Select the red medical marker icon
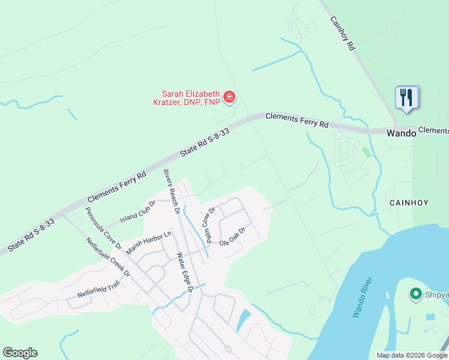pos(229,97)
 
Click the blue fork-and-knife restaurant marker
pos(406,97)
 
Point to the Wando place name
pos(401,133)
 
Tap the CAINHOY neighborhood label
pos(408,203)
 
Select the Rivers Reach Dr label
pos(172,191)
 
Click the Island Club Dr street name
pos(137,211)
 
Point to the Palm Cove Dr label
pos(210,226)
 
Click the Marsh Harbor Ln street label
pos(149,243)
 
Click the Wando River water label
pos(363,298)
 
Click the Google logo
pos(20,353)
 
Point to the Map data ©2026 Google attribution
pos(411,355)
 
